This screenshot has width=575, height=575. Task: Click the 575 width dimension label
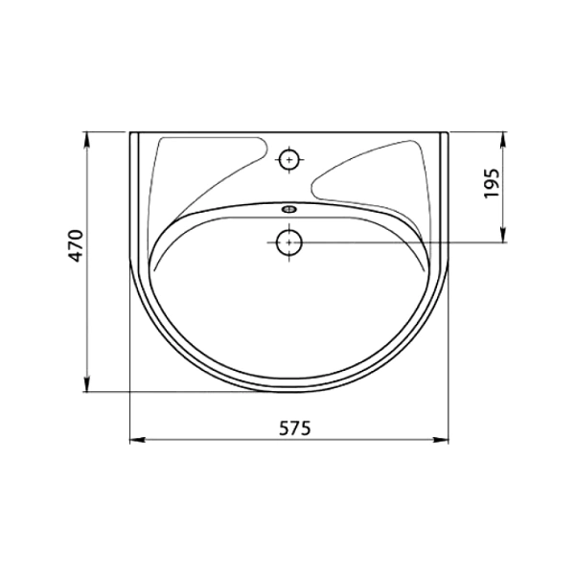(x=295, y=428)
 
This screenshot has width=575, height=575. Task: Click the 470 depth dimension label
(x=77, y=245)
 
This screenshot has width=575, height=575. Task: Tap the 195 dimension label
(x=492, y=183)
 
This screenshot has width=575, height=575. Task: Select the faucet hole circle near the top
(x=289, y=159)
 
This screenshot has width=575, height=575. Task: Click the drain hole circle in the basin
(x=289, y=242)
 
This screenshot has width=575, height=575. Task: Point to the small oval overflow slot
(x=289, y=209)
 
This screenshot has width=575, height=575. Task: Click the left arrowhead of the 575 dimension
(x=137, y=439)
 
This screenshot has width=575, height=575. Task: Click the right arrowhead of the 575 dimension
(x=441, y=439)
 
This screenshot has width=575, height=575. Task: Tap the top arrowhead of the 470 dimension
(x=87, y=139)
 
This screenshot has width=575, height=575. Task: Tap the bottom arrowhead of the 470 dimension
(x=87, y=384)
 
